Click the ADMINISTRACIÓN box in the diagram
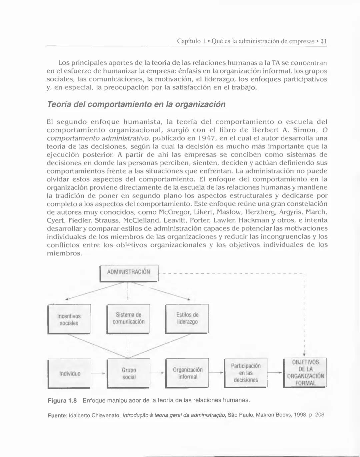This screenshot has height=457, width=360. pyautogui.click(x=129, y=272)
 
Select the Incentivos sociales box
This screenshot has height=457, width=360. pyautogui.click(x=69, y=319)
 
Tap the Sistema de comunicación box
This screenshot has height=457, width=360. pyautogui.click(x=128, y=318)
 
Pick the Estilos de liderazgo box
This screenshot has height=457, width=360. pyautogui.click(x=187, y=318)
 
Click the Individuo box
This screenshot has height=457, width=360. pyautogui.click(x=70, y=374)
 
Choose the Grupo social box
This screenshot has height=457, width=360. pyautogui.click(x=129, y=374)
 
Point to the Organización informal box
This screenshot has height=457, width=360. pyautogui.click(x=187, y=373)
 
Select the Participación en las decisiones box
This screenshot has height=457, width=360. pyautogui.click(x=246, y=373)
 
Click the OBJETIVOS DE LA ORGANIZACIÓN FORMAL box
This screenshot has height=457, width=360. pyautogui.click(x=305, y=373)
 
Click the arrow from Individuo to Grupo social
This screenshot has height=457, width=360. pyautogui.click(x=99, y=373)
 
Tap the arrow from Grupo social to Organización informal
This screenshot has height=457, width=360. pyautogui.click(x=158, y=373)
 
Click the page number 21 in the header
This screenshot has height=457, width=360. pyautogui.click(x=323, y=41)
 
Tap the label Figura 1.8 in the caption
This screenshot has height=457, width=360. pyautogui.click(x=62, y=400)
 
